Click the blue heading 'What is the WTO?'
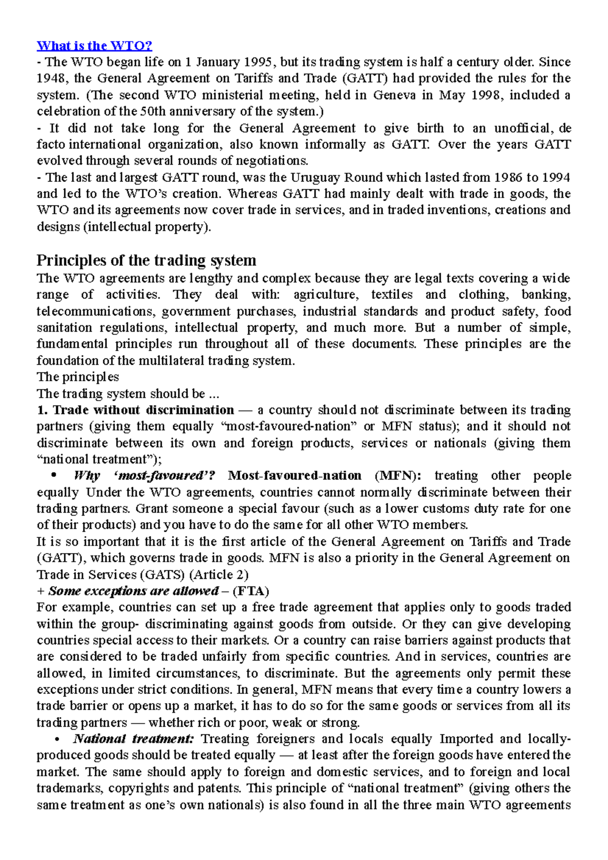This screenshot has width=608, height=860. [94, 46]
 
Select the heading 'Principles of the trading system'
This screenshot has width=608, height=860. [146, 260]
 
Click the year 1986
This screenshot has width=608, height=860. [508, 178]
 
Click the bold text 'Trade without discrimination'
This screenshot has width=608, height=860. [143, 410]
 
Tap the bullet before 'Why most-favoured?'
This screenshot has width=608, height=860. [54, 476]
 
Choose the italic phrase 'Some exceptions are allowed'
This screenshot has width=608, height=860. [133, 591]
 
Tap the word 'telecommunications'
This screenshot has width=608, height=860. [95, 311]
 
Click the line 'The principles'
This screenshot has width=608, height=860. [78, 377]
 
